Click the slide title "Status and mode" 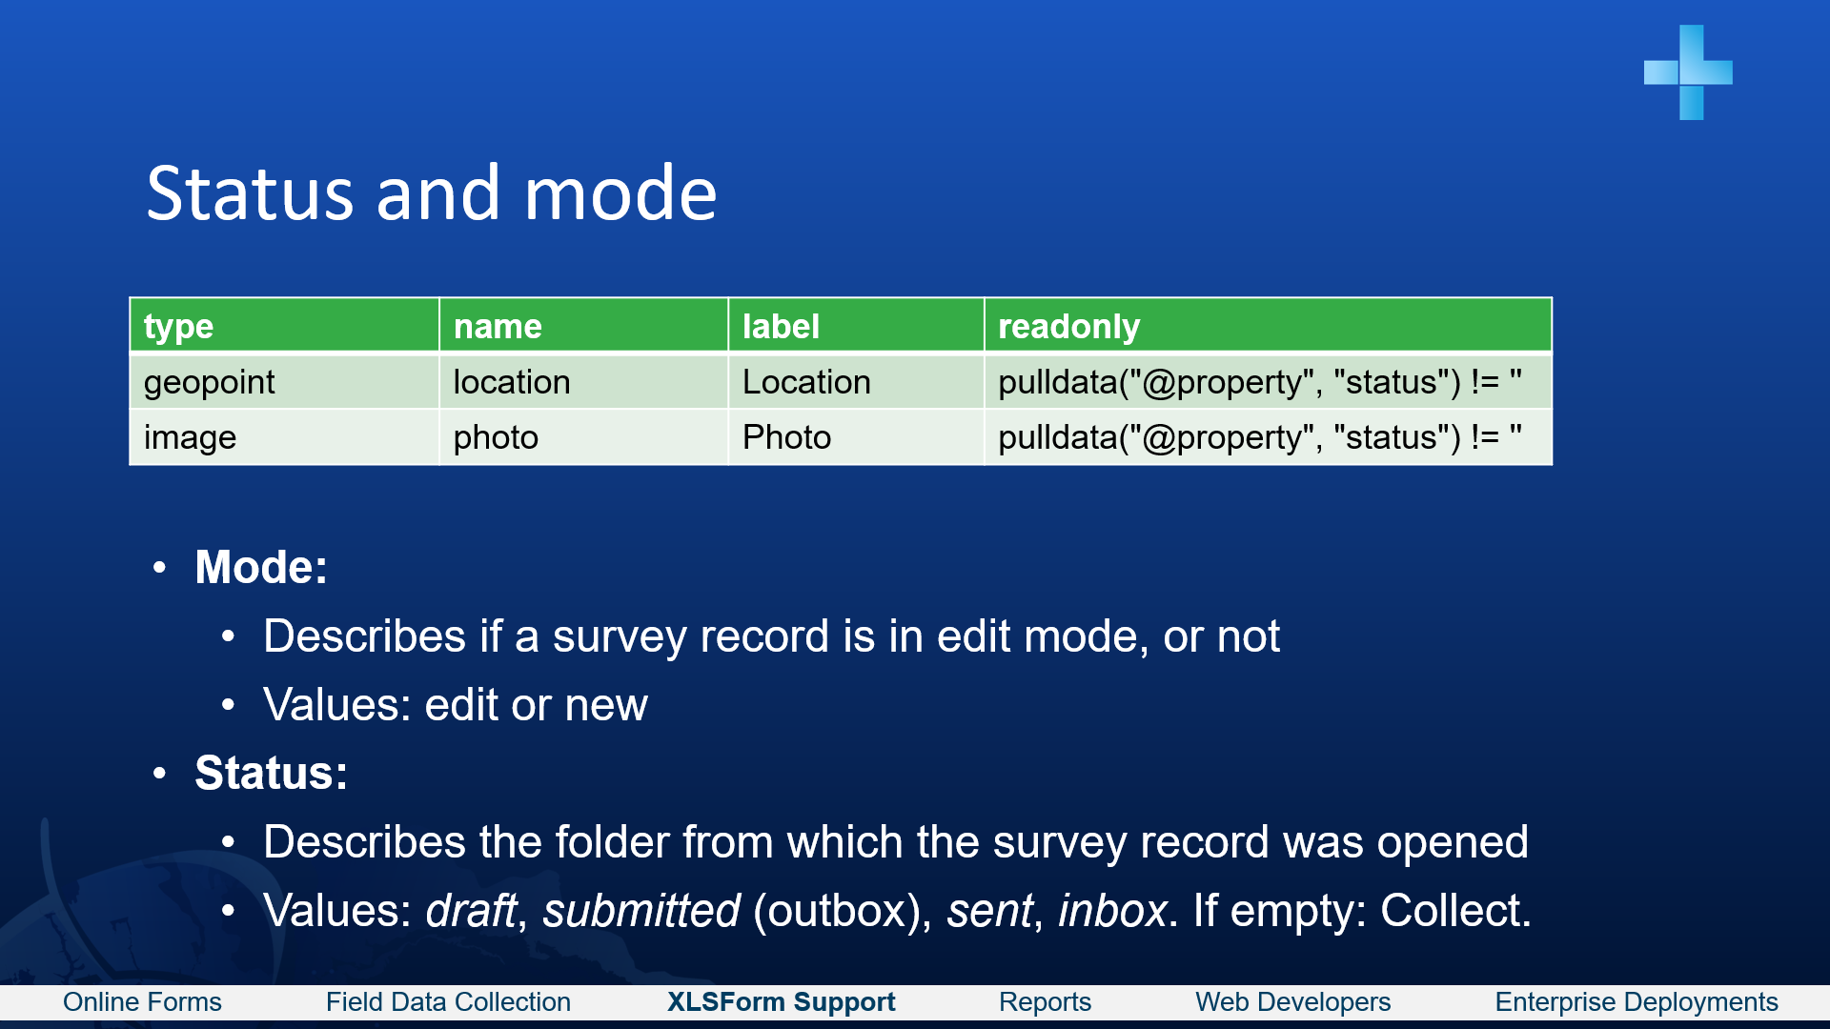coord(432,193)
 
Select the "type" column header coord(178,327)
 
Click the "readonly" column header coord(1068,327)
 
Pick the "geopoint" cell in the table coord(209,382)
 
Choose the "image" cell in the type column coord(190,437)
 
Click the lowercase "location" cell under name coord(512,382)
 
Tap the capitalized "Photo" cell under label coord(786,437)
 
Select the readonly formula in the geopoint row coord(1259,382)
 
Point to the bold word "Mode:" coord(261,567)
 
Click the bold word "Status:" coord(272,773)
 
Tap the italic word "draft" coord(471,910)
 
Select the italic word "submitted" coord(641,910)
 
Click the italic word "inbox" coord(1112,910)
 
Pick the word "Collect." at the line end coord(1455,910)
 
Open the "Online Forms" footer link coord(142,1002)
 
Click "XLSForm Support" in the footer coord(781,1002)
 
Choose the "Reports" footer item coord(1045,1002)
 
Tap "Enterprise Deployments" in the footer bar coord(1636,1002)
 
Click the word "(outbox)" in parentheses coord(843,910)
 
